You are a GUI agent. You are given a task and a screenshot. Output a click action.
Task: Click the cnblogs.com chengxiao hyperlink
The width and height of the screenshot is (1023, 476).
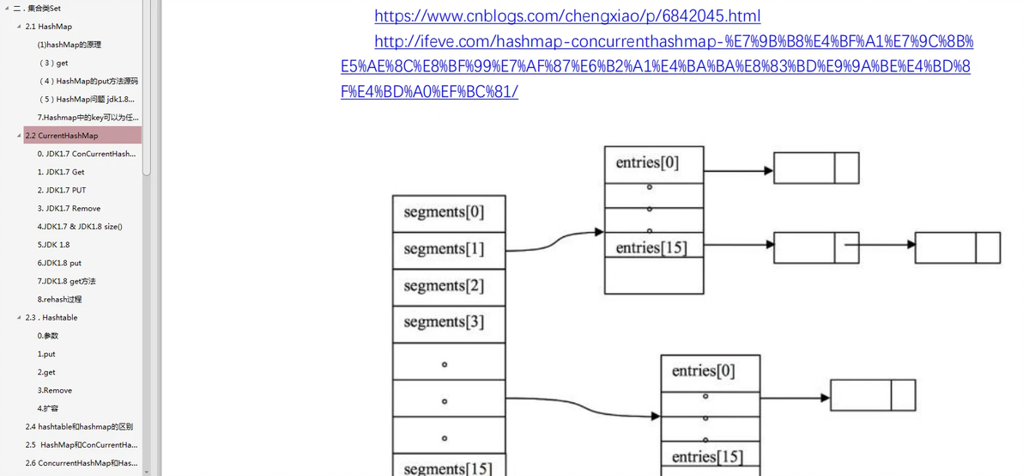567,15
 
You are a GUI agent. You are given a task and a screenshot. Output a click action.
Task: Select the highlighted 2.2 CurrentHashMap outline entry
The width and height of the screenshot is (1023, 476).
68,136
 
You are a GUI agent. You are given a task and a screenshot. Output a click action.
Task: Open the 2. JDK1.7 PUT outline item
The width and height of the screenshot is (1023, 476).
62,190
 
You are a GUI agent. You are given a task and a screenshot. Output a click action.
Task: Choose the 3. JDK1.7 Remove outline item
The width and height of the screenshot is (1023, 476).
69,208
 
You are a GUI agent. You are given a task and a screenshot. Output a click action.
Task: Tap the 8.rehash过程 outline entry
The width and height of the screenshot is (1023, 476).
60,299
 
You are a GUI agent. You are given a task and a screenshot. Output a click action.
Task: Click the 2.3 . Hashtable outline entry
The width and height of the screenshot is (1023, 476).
51,317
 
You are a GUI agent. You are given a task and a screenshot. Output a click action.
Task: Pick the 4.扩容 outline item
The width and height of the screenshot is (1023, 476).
48,408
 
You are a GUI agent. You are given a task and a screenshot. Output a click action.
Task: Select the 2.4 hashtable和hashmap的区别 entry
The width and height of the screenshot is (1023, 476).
79,426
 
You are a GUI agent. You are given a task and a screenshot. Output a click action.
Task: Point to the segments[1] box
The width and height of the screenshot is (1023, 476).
444,249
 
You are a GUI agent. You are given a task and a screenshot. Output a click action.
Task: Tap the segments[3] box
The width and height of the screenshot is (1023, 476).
444,323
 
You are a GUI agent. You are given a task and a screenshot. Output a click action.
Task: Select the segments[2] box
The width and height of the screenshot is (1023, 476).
444,286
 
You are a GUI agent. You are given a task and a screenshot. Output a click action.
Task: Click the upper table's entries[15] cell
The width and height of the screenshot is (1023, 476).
651,247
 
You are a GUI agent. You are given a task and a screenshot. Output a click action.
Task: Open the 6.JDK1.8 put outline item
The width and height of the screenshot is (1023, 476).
59,263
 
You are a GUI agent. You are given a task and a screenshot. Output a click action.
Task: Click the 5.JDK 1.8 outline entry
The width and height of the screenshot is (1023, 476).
53,244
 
